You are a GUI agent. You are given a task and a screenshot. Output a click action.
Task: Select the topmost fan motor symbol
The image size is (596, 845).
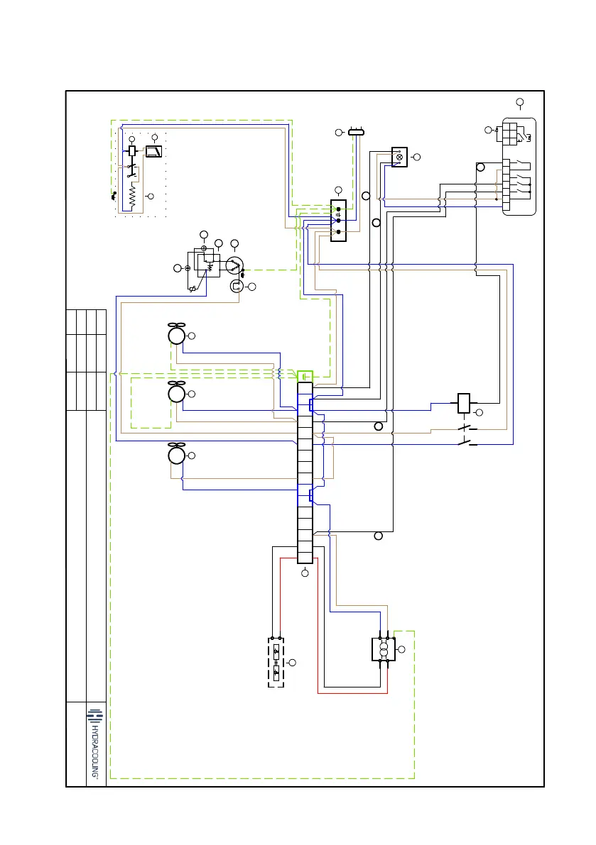point(176,334)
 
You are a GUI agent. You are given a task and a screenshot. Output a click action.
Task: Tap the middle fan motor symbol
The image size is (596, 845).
point(176,393)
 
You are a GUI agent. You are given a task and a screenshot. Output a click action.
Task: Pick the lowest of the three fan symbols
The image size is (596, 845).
point(176,453)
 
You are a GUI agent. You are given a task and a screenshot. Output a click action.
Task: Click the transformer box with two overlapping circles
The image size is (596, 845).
point(383,649)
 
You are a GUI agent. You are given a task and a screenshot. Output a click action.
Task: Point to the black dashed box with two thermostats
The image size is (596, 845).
point(276,661)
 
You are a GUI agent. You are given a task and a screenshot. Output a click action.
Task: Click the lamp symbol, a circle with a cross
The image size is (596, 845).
point(399,156)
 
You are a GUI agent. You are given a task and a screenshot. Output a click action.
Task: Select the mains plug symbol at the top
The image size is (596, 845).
point(356,132)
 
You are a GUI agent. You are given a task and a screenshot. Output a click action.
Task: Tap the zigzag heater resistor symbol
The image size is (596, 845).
point(132,194)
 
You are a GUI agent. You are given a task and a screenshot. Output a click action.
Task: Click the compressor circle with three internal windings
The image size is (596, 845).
point(234,265)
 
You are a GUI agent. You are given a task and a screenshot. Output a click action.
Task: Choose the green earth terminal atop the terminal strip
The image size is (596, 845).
point(305,375)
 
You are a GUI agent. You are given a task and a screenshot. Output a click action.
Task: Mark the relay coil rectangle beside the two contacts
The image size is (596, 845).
point(463,402)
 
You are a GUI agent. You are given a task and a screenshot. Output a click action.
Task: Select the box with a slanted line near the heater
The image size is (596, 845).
point(154,150)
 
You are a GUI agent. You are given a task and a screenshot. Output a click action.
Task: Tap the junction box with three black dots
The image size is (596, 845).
point(339,221)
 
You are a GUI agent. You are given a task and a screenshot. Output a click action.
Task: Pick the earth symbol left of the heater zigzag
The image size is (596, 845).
point(113,195)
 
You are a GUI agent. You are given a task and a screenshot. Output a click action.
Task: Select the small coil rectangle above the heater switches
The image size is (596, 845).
point(132,150)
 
